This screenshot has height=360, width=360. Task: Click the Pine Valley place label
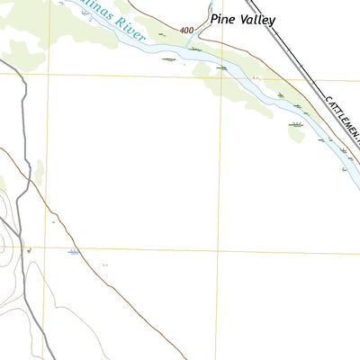point(243,18)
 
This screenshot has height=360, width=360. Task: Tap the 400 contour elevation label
point(186,31)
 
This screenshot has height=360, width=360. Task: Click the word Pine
point(223,18)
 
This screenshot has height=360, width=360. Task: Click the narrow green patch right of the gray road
point(40,171)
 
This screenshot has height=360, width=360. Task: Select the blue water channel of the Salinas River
point(162,50)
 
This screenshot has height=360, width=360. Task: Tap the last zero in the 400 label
point(191,31)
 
